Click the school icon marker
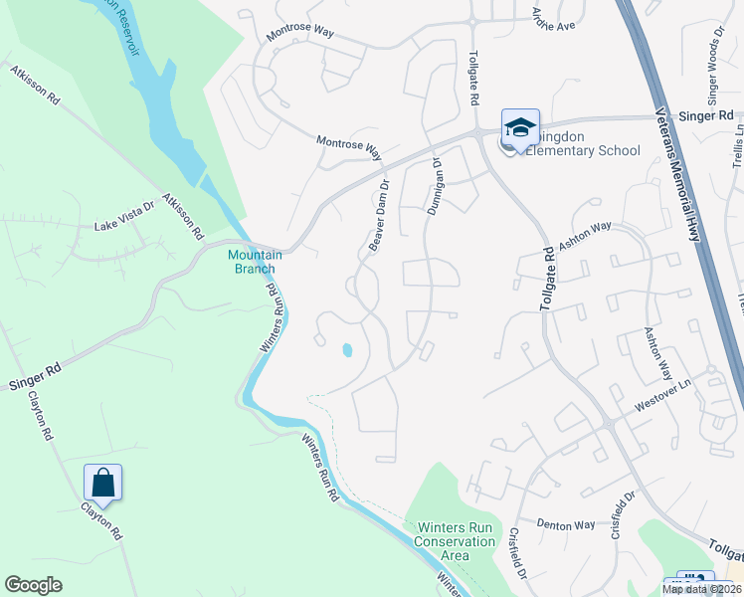520,128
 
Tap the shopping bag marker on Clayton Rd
103,485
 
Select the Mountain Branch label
256,262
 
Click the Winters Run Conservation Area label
457,541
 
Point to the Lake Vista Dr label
124,227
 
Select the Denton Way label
565,524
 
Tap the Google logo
33,585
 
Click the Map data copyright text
702,589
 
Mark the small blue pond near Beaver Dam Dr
347,350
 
